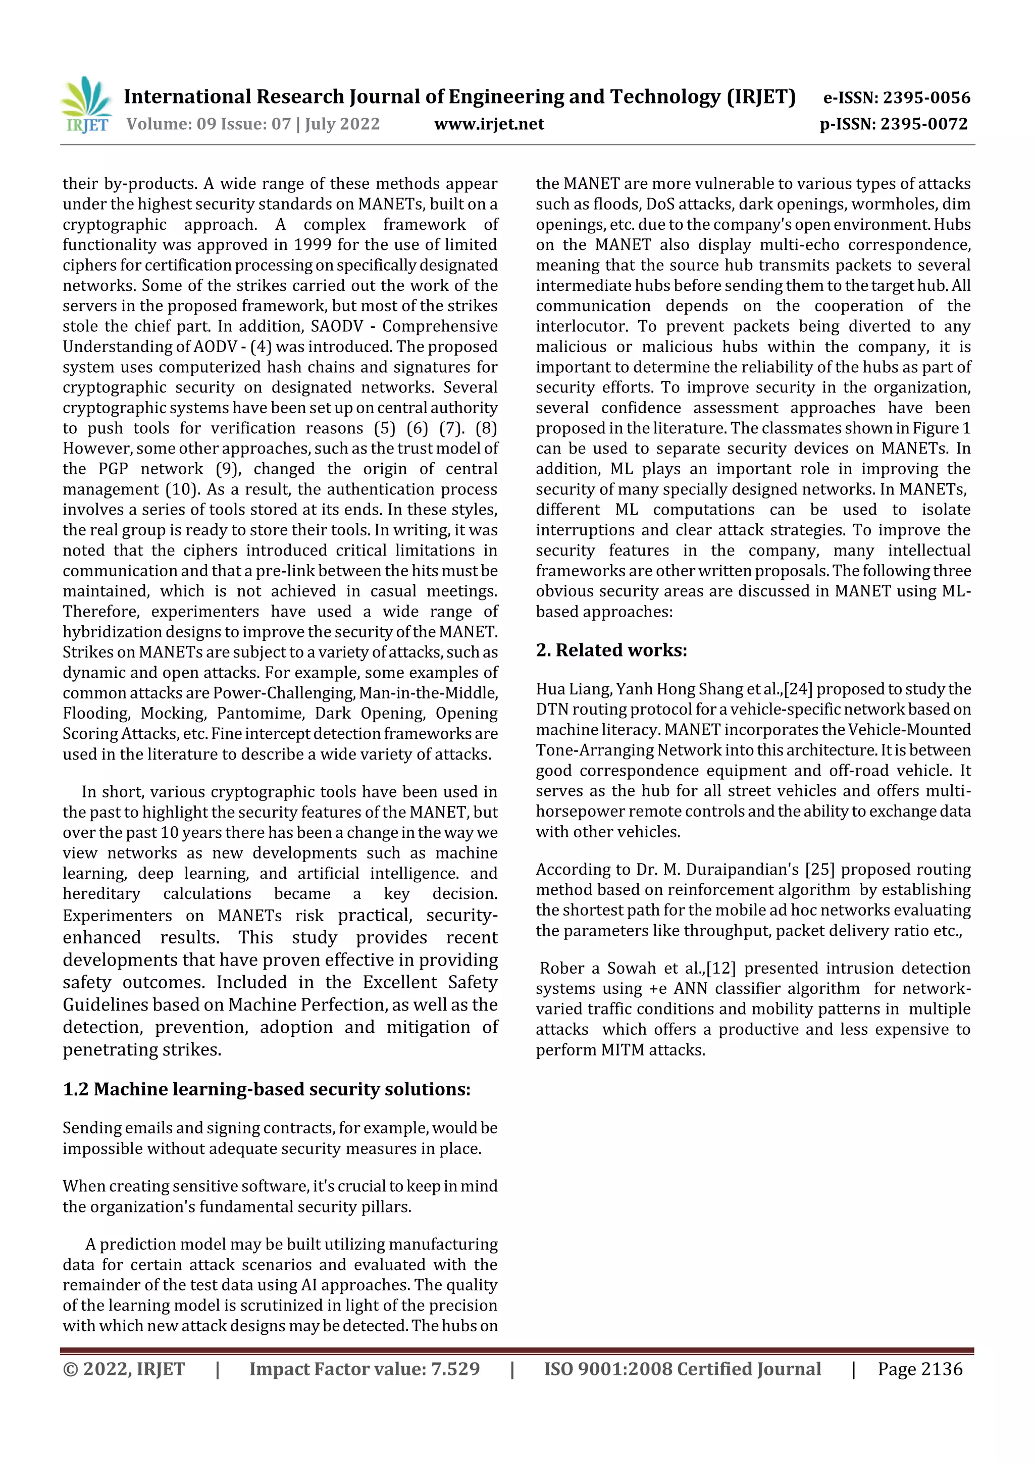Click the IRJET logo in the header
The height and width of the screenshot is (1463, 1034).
point(87,105)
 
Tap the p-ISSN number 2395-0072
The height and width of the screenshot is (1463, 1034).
point(924,124)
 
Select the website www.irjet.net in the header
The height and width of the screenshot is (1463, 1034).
point(489,124)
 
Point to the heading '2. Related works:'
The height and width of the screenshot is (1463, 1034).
point(611,650)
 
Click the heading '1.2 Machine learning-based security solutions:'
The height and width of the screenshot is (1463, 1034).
point(266,1089)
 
